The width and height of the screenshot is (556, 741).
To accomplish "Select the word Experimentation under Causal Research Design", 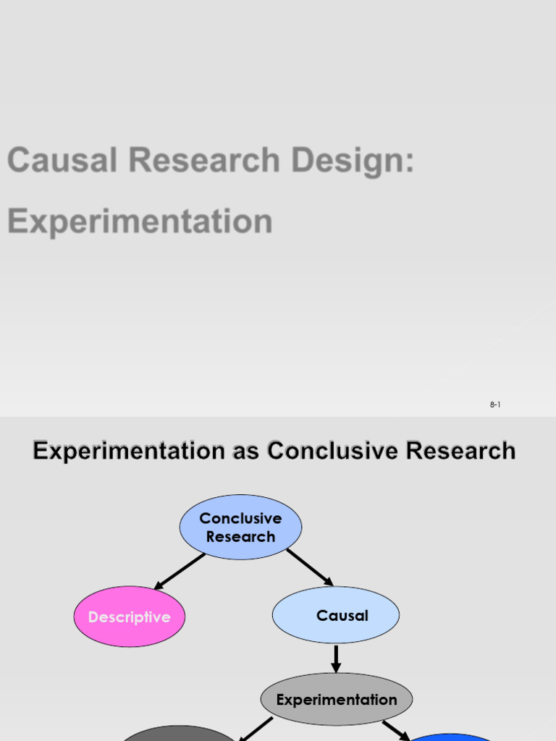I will [x=140, y=221].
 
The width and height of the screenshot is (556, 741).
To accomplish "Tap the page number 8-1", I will [x=495, y=405].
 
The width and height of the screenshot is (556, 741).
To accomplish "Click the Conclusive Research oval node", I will [x=240, y=528].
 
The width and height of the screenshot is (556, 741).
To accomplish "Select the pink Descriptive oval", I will [x=130, y=617].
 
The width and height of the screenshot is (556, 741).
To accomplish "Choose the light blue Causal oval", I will [x=335, y=615].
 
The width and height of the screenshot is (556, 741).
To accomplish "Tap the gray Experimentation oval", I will [x=337, y=700].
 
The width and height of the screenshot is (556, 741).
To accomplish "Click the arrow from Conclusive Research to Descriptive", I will [x=180, y=571].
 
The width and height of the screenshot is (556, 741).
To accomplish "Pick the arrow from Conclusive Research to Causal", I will [x=310, y=567].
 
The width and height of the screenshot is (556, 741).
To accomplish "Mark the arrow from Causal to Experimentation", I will [x=336, y=658].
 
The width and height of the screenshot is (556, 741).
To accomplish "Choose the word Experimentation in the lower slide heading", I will [x=129, y=451].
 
